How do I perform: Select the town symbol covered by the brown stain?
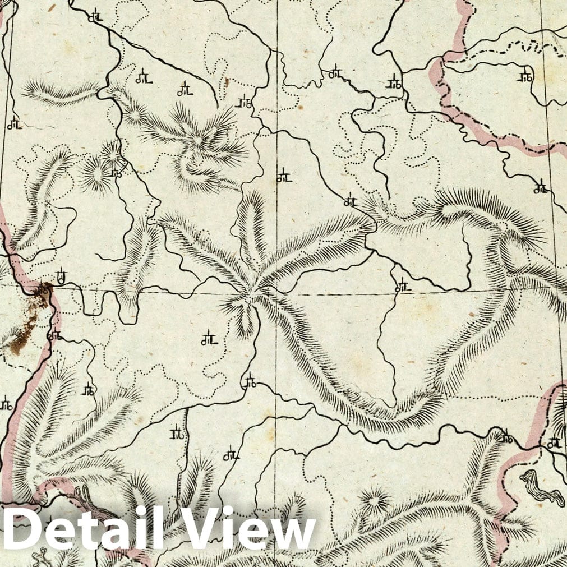pyautogui.click(x=42, y=291)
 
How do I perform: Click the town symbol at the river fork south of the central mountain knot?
pyautogui.click(x=249, y=382)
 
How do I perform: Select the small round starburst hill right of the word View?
pyautogui.click(x=374, y=499)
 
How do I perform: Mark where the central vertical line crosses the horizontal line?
pyautogui.click(x=276, y=293)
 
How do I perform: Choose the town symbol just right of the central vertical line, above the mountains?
pyautogui.click(x=284, y=177)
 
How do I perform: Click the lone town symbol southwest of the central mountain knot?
pyautogui.click(x=209, y=339)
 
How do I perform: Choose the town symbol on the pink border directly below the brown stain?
pyautogui.click(x=54, y=335)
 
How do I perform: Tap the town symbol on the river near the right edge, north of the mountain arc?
pyautogui.click(x=541, y=188)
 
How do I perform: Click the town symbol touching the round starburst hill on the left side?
pyautogui.click(x=116, y=173)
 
